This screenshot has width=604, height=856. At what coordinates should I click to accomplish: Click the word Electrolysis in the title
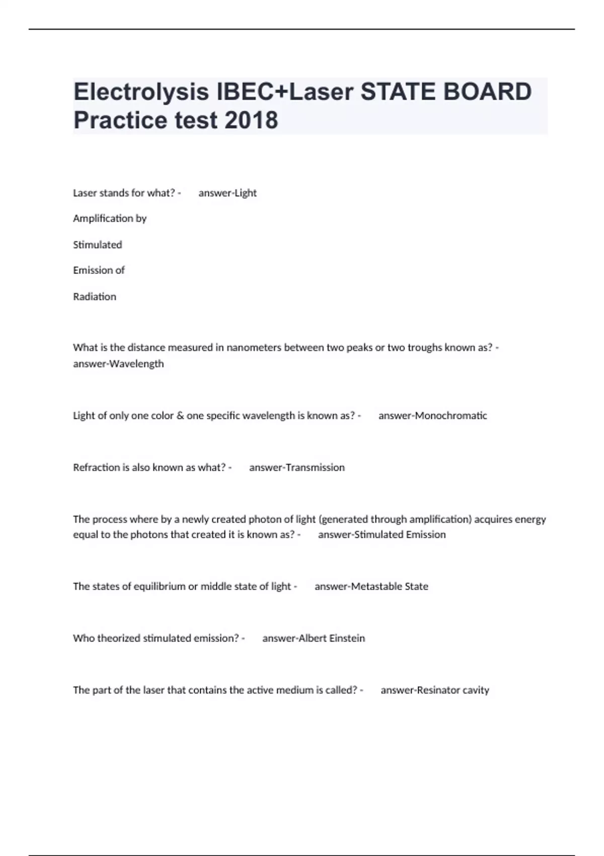(x=141, y=92)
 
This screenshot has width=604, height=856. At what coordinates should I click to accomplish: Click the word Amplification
(x=103, y=219)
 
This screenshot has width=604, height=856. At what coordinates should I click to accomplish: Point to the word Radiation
(x=95, y=297)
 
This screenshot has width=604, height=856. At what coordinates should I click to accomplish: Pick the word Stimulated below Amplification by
(x=98, y=245)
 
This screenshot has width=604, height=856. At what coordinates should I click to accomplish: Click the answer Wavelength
(x=136, y=364)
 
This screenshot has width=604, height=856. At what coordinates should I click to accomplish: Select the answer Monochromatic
(x=451, y=415)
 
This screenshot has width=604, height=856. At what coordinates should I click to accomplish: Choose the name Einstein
(x=347, y=638)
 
